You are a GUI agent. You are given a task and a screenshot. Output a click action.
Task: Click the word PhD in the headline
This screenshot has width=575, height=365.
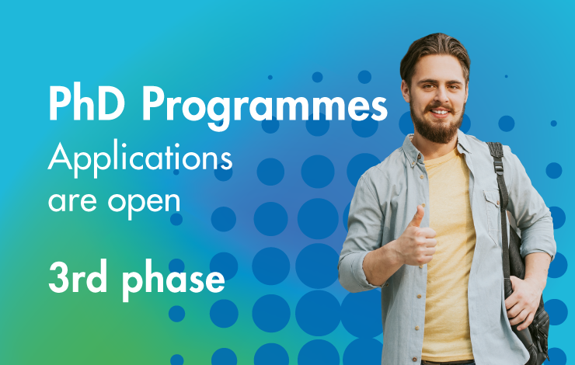(x=86, y=103)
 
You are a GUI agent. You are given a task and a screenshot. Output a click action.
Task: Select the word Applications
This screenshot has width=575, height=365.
(x=140, y=158)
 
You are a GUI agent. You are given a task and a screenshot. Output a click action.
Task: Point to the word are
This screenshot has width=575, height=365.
(x=72, y=203)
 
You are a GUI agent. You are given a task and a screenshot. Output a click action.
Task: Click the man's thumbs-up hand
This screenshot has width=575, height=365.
(x=416, y=238)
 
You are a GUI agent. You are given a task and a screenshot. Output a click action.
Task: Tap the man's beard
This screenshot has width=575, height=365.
(x=437, y=124)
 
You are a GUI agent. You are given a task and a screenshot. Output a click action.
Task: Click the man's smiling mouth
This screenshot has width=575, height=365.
(x=440, y=112)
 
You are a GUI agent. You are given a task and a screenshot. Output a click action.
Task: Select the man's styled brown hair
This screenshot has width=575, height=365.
(x=435, y=51)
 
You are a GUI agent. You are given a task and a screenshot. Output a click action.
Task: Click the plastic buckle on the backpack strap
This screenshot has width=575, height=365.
(x=498, y=167)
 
